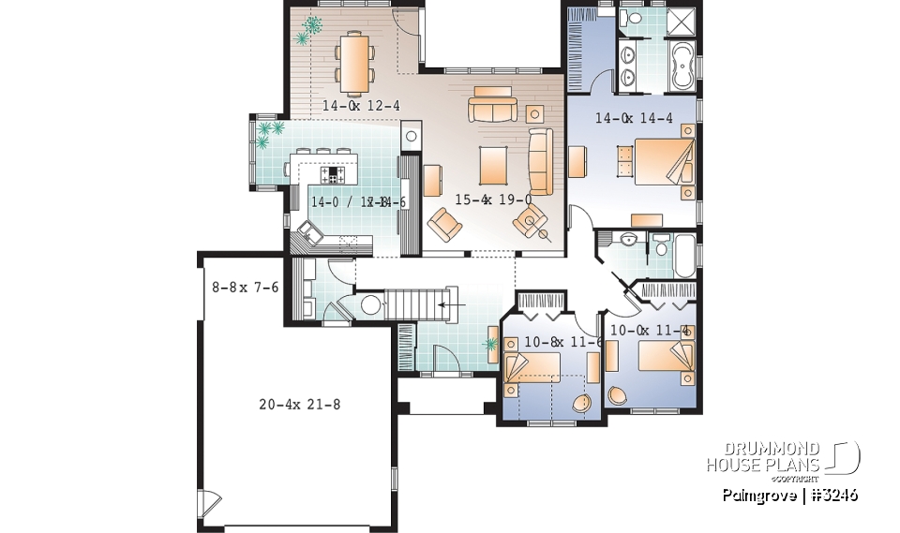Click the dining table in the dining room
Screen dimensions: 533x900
[x=354, y=62]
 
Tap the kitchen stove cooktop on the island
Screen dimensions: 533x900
[x=334, y=174]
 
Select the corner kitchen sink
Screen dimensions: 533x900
[x=307, y=231]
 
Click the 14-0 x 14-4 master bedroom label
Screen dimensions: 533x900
[x=634, y=119]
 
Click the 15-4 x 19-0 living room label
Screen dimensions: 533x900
[x=493, y=200]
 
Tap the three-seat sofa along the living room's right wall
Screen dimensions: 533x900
[x=541, y=162]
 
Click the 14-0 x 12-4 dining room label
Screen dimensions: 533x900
[x=361, y=106]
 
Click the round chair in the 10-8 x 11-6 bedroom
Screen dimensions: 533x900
[x=581, y=404]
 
